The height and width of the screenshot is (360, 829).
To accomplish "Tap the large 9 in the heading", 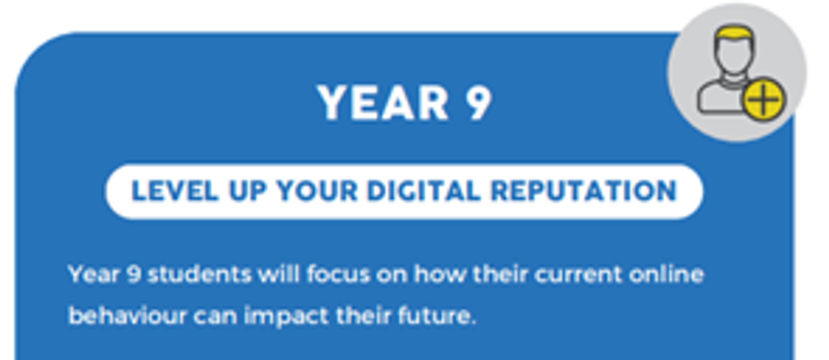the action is [x=479, y=102].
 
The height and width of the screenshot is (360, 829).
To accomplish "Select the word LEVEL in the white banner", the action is [x=175, y=191].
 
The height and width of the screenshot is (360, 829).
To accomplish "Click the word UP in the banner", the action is [x=247, y=191].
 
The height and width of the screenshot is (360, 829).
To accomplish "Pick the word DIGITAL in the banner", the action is [x=423, y=191].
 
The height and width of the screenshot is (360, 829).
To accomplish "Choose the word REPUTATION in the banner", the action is [x=584, y=191].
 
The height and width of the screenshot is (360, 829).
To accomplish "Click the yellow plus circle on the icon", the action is [x=764, y=100].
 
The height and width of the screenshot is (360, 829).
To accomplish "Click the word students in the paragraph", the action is [x=200, y=274].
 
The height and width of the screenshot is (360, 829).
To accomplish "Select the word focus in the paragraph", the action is [x=339, y=274].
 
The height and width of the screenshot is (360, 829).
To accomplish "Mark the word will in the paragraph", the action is [x=279, y=274].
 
